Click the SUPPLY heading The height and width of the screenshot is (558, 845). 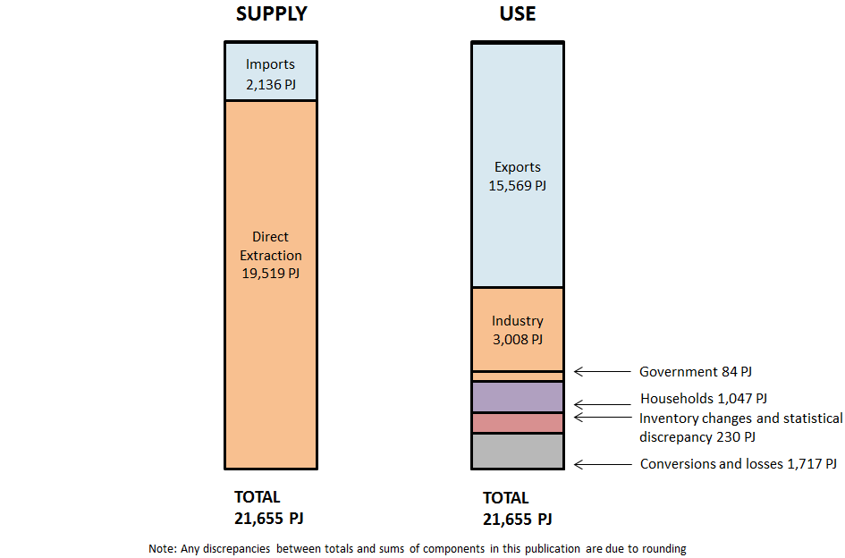click(271, 14)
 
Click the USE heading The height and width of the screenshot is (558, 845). click(517, 14)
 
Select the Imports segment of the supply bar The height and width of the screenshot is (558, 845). click(270, 72)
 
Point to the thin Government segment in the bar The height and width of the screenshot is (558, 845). click(517, 376)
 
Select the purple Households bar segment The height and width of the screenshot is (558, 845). click(517, 397)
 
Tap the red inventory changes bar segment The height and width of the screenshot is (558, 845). click(517, 423)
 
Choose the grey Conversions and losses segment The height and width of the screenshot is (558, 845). click(517, 451)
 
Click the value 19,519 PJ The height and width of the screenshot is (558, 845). click(270, 273)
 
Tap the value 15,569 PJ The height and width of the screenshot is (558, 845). click(517, 186)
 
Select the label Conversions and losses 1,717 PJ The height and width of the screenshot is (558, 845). click(739, 464)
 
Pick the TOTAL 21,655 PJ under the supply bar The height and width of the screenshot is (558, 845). click(275, 508)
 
